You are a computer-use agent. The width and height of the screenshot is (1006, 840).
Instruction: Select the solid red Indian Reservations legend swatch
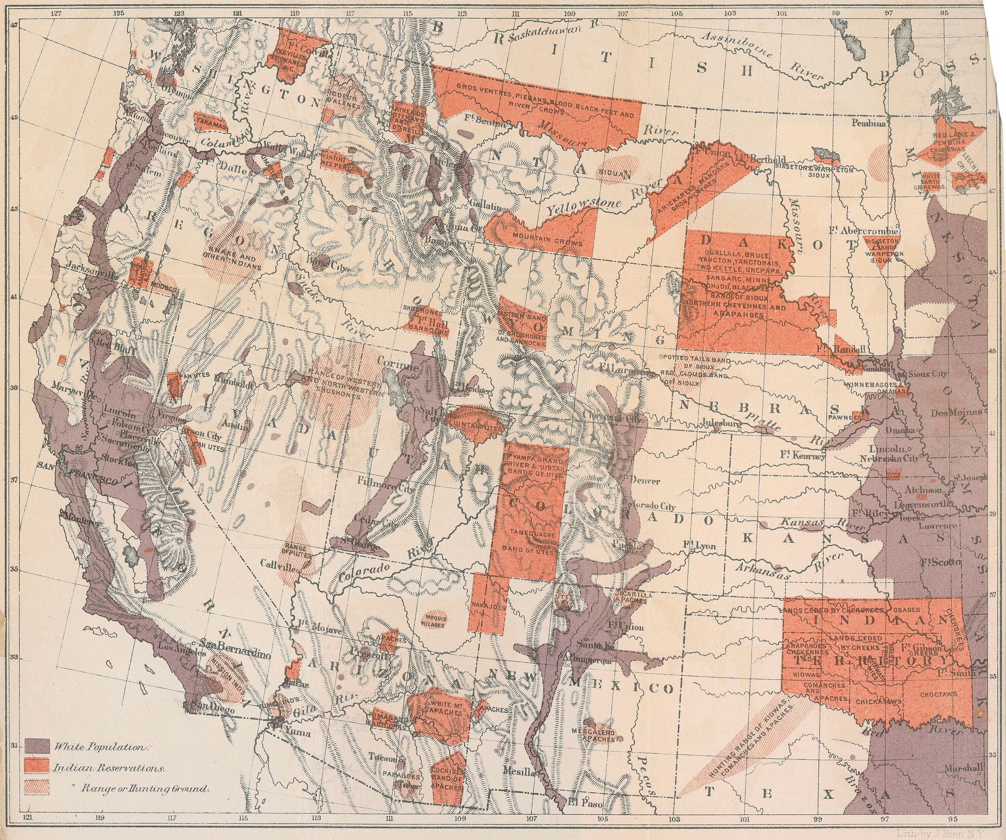pos(37,767)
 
